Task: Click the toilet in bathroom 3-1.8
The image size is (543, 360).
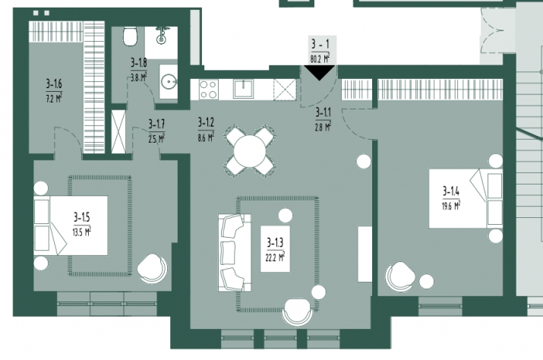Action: click(130, 36)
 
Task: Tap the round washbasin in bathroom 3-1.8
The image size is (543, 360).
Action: click(169, 82)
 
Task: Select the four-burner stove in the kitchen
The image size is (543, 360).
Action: click(209, 90)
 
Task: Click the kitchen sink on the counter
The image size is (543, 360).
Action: click(243, 89)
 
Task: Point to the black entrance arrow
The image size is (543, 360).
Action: click(319, 73)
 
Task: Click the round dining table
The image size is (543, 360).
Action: click(249, 151)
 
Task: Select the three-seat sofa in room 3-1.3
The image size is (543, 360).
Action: click(235, 252)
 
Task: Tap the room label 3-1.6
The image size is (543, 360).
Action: click(54, 84)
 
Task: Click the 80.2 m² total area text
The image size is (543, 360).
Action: click(320, 59)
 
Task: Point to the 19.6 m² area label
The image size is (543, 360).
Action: click(451, 206)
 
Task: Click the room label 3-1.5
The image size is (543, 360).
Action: click(82, 217)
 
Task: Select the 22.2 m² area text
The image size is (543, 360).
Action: click(275, 257)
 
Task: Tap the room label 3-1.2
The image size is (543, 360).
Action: click(206, 122)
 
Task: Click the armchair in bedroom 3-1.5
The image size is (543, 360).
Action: click(153, 269)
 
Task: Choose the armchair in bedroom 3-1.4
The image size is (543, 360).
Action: click(400, 276)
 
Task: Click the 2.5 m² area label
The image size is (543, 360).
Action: click(156, 139)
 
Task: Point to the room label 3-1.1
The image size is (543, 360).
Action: click(323, 112)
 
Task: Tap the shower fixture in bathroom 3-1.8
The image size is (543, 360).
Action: click(161, 36)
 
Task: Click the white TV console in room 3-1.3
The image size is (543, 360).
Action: click(365, 254)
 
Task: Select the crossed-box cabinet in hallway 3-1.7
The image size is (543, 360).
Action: click(118, 131)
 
